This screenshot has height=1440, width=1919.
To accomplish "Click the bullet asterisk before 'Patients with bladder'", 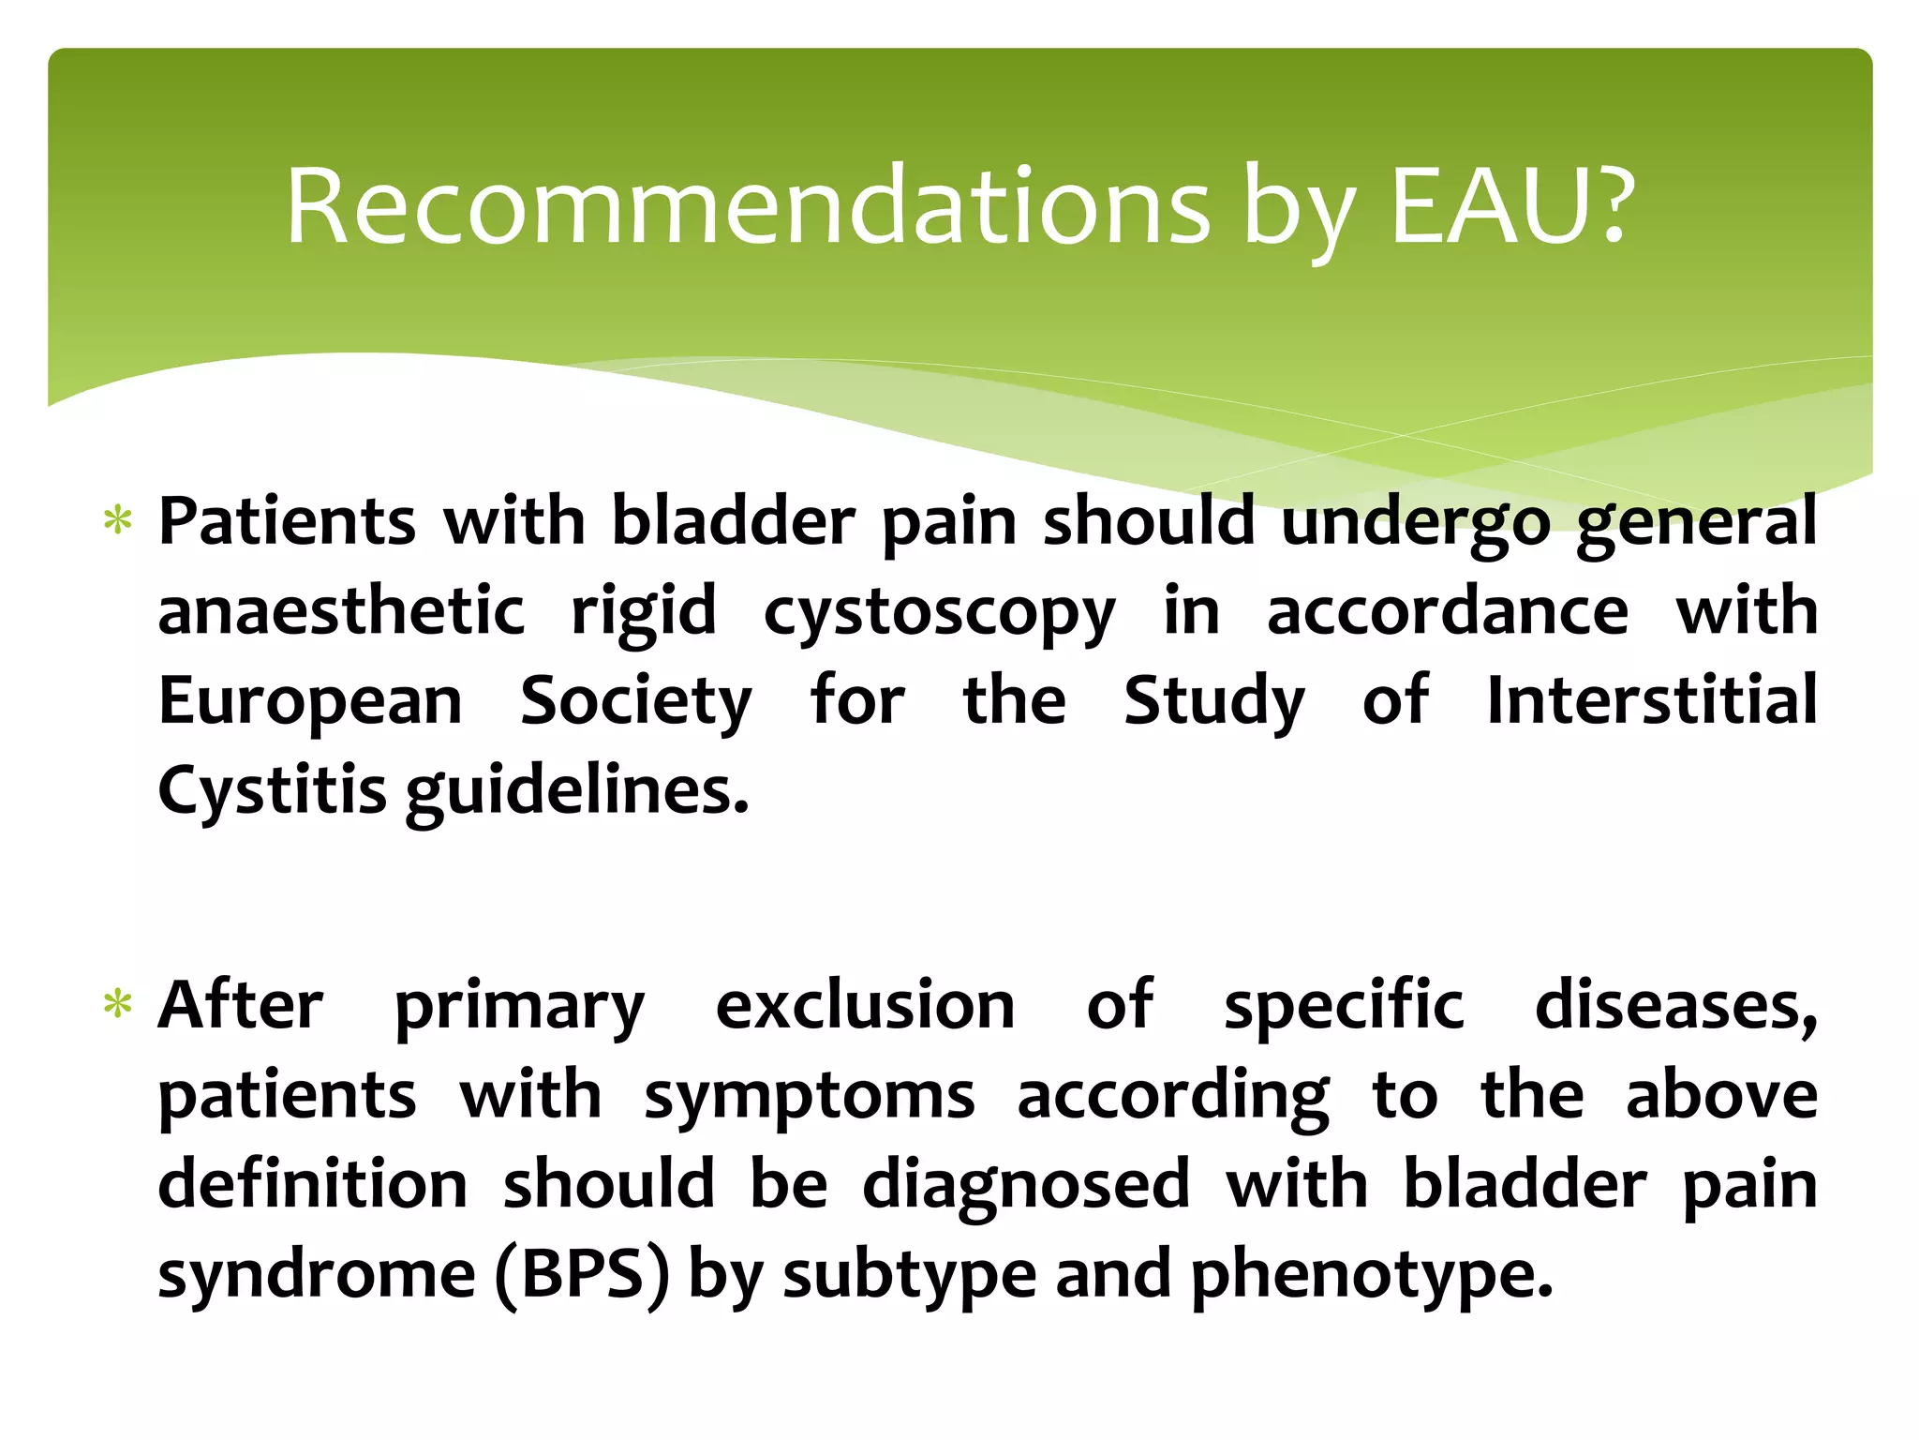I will tap(118, 519).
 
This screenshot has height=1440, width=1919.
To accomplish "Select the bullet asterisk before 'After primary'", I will tap(118, 1005).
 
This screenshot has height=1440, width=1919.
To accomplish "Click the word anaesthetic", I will tap(341, 611).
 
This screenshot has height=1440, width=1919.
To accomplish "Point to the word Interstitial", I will tap(1652, 700).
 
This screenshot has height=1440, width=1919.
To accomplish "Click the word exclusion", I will tap(865, 1006).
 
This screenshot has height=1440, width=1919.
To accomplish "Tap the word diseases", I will tap(1675, 1006).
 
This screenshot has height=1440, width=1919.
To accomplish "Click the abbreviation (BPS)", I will tap(583, 1275).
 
